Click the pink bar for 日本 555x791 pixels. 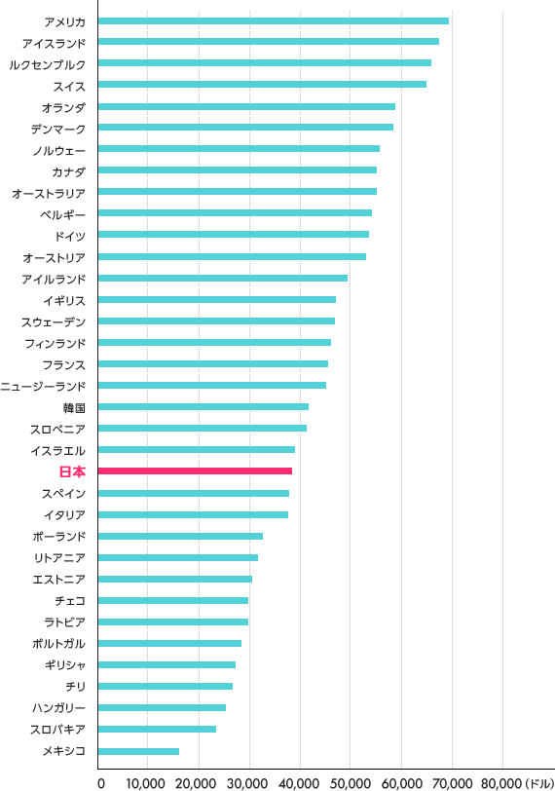pyautogui.click(x=196, y=471)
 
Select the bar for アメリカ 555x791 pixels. pyautogui.click(x=274, y=20)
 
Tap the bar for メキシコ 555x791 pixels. pyautogui.click(x=139, y=751)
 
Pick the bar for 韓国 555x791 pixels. pyautogui.click(x=203, y=407)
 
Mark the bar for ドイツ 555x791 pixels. pyautogui.click(x=234, y=235)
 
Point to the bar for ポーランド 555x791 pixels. pyautogui.click(x=181, y=536)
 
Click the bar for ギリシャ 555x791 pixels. pyautogui.click(x=167, y=665)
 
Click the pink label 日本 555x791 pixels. pyautogui.click(x=72, y=471)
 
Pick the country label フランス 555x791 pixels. pyautogui.click(x=64, y=364)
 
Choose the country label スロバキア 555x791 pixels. pyautogui.click(x=58, y=730)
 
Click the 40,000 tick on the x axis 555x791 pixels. pyautogui.click(x=300, y=781)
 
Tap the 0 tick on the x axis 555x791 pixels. pyautogui.click(x=100, y=781)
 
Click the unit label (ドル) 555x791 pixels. pyautogui.click(x=538, y=781)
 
